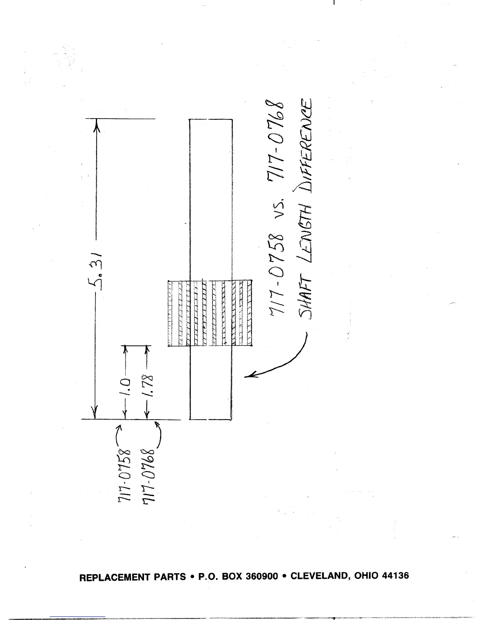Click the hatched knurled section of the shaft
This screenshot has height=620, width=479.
[x=210, y=313]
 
